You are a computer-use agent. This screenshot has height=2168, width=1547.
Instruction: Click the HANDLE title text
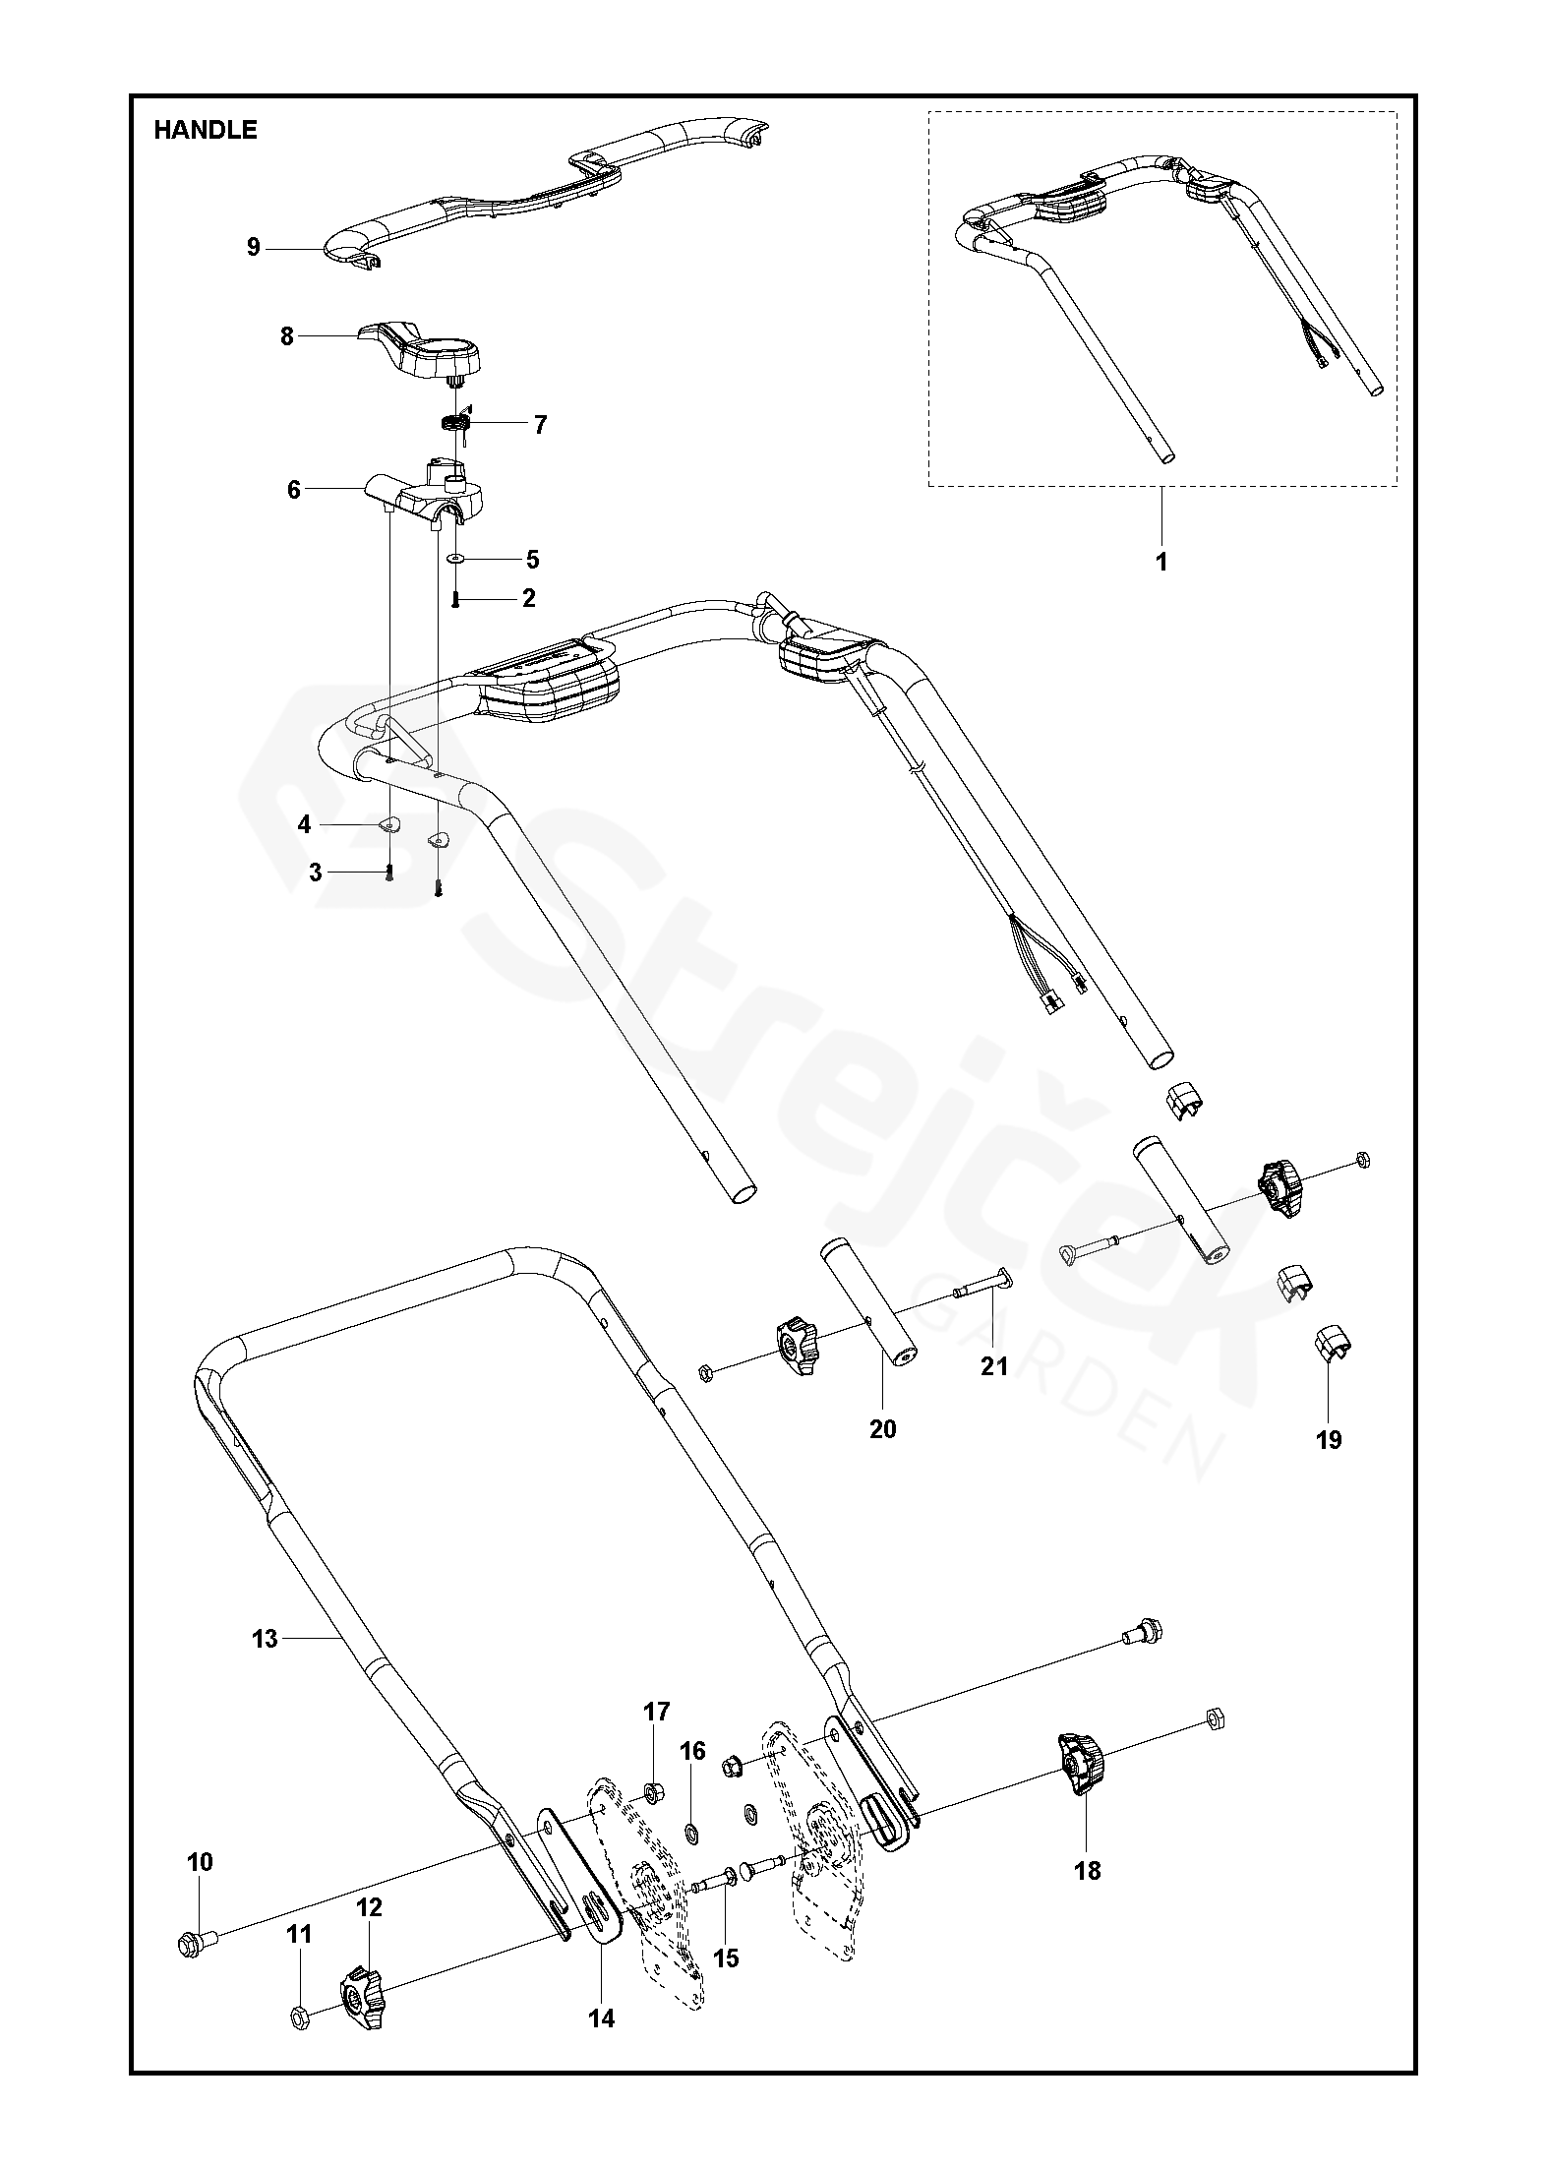point(205,130)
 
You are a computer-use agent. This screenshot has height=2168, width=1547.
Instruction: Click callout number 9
point(254,248)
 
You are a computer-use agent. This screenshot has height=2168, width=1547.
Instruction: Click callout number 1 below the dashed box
point(1161,563)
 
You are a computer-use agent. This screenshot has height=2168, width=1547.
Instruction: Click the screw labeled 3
point(389,873)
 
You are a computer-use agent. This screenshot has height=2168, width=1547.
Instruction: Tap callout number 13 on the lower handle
point(266,1639)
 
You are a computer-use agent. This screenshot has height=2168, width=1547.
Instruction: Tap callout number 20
point(882,1428)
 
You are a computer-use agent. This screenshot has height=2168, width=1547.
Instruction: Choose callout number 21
point(994,1365)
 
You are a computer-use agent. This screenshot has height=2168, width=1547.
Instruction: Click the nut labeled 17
point(651,1786)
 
